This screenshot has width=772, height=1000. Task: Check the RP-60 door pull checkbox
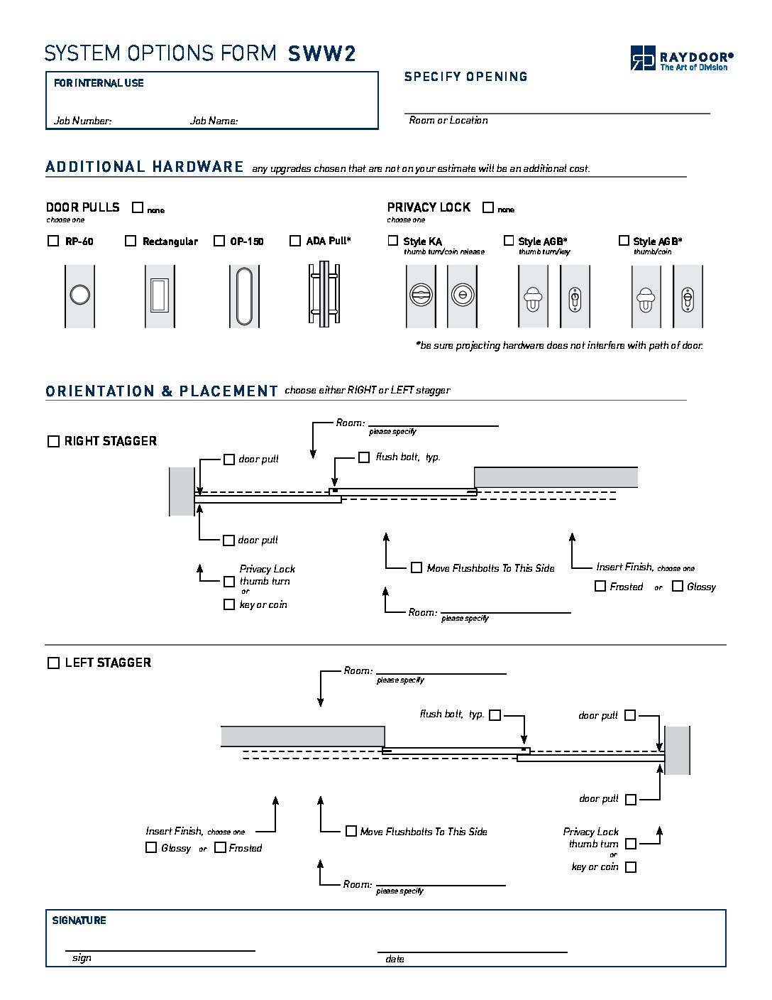[x=53, y=241]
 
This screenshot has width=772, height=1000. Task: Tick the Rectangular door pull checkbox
[x=131, y=241]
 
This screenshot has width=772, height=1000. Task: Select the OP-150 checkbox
[x=219, y=241]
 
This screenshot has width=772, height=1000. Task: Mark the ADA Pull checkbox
[x=295, y=241]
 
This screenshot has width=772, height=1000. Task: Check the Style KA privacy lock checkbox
[x=393, y=241]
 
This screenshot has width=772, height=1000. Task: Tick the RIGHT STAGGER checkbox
[x=53, y=441]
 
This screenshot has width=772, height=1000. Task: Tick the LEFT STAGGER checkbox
[x=53, y=663]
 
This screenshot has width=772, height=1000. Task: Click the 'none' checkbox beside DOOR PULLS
[x=138, y=207]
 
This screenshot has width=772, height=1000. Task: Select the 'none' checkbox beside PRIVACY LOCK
[x=488, y=207]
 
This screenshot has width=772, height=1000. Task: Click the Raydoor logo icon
[x=643, y=58]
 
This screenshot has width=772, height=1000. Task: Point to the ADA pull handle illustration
[x=324, y=294]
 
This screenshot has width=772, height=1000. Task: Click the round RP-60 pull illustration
[x=79, y=295]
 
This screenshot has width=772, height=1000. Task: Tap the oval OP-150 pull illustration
[x=244, y=295]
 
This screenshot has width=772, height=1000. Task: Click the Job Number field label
[x=82, y=121]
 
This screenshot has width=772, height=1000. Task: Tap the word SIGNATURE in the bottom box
[x=79, y=920]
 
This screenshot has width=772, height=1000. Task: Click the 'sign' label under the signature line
[x=82, y=958]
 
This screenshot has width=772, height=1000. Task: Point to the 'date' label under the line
[x=395, y=959]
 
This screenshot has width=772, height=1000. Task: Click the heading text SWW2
[x=321, y=54]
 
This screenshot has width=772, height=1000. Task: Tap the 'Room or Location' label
[x=448, y=121]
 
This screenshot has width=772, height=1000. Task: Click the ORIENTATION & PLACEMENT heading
[x=161, y=391]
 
